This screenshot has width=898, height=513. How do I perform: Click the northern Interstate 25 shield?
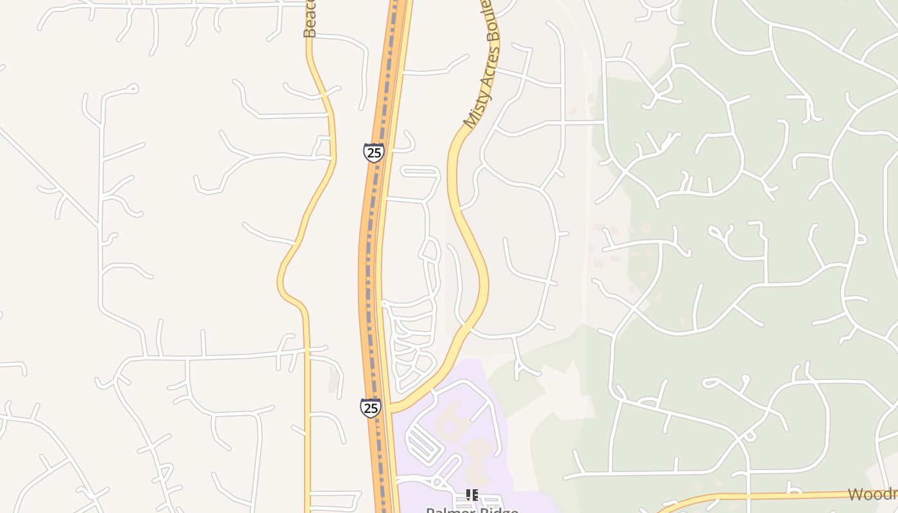[x=373, y=153]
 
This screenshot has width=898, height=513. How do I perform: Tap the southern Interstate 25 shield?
[x=370, y=408]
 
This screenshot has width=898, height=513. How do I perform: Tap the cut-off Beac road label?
[x=310, y=19]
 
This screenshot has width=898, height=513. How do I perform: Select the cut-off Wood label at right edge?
[x=872, y=494]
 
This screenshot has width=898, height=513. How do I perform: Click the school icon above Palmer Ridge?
[x=472, y=494]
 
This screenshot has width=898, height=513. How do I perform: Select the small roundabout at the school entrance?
[x=437, y=481]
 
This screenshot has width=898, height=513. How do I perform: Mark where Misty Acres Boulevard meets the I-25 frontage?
[x=393, y=408]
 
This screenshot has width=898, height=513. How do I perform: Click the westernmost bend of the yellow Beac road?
[x=280, y=282]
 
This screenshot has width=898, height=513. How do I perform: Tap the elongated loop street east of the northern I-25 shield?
[x=420, y=171]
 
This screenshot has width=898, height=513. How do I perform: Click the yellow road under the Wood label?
[x=770, y=496]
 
